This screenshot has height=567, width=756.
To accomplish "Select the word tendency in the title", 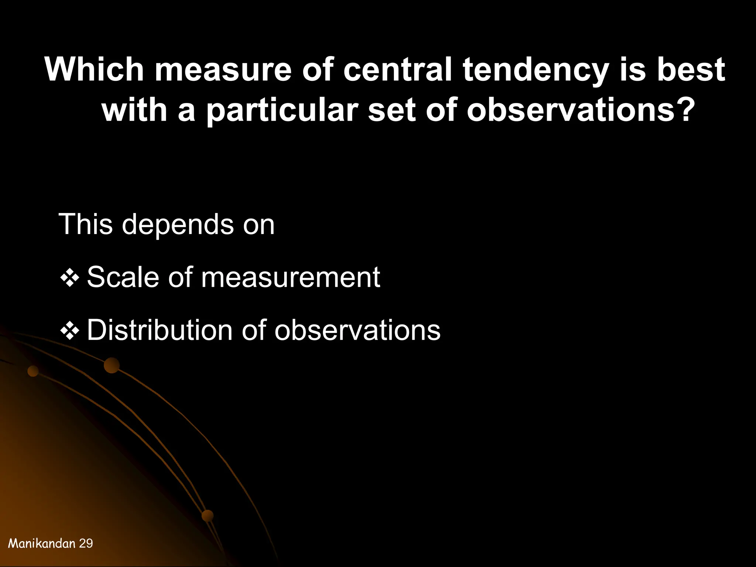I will [x=535, y=70].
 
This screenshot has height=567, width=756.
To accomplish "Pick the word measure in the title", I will [x=223, y=70].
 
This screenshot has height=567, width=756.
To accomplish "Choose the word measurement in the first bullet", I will [x=291, y=278].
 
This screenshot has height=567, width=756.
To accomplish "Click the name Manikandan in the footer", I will [x=42, y=543].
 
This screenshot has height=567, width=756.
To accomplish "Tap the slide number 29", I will [x=86, y=543].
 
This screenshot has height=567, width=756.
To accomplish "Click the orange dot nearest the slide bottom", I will [x=207, y=515].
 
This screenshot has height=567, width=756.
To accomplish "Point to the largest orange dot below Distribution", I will [x=111, y=365].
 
